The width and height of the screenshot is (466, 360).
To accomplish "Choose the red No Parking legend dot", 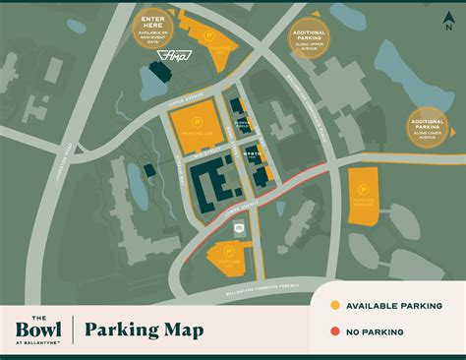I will (x=334, y=331).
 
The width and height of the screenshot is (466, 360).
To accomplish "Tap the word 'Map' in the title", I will (x=182, y=330).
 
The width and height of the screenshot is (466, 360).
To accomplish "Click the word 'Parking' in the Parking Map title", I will (x=122, y=330).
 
